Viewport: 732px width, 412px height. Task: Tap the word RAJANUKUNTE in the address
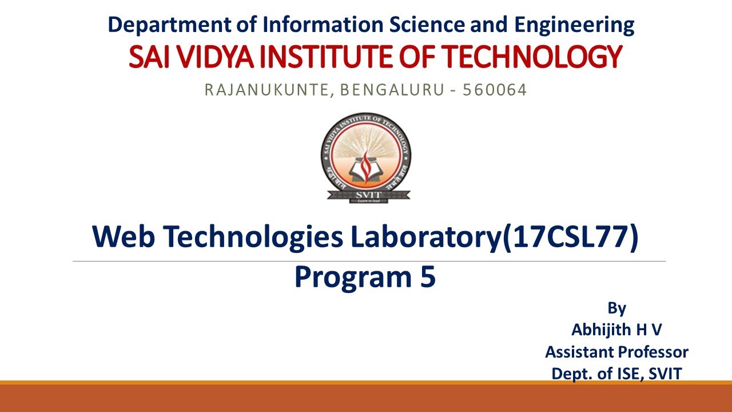coord(266,90)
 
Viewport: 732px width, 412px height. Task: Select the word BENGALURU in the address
coord(390,90)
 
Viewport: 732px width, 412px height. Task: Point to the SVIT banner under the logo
coord(366,194)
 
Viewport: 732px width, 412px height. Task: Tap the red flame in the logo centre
coord(366,161)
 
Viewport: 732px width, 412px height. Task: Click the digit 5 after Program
coord(427,278)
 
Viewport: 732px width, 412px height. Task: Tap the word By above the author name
coord(616,308)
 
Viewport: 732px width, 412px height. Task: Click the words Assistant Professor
coord(616,352)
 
